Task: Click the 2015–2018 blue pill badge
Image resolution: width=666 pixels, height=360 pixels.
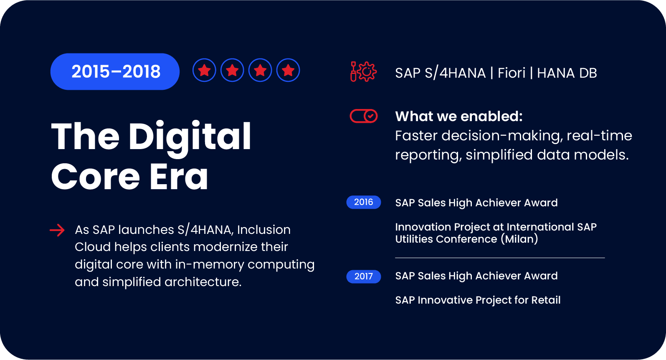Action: (115, 71)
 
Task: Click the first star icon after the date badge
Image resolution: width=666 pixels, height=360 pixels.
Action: (204, 70)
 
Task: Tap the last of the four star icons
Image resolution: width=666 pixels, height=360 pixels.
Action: (288, 70)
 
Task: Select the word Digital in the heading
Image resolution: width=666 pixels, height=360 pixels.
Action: (190, 137)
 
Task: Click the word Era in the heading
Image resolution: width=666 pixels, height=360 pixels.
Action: (179, 177)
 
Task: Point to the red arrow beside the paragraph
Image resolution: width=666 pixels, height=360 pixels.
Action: (57, 230)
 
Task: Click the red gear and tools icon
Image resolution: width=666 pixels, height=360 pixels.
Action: (363, 72)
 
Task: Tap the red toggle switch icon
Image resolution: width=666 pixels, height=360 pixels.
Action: (363, 116)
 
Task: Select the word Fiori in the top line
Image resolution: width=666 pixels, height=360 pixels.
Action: (512, 73)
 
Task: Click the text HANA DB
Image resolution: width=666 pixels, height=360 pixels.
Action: (567, 73)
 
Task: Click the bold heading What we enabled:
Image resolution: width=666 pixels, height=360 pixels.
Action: (458, 116)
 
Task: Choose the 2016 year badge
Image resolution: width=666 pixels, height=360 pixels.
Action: (363, 202)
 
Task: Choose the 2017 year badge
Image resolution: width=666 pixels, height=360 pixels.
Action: (363, 276)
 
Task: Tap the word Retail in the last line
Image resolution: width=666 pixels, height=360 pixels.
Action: (545, 300)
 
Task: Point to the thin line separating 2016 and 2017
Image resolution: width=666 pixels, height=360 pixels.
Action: (499, 258)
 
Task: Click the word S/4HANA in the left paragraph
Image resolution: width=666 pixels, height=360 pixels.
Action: (205, 230)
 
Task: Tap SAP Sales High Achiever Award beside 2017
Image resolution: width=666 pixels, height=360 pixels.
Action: (476, 276)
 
